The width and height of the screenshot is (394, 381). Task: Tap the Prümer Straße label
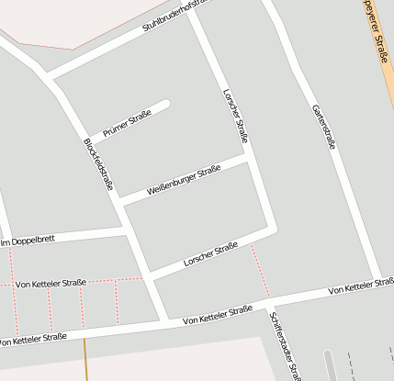pos(127,124)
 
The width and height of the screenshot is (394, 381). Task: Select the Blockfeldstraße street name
pos(97,164)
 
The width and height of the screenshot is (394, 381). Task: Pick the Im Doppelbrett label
pos(28,240)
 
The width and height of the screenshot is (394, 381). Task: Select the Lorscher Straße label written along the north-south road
pos(236,116)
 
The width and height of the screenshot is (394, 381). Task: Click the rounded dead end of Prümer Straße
pos(165,104)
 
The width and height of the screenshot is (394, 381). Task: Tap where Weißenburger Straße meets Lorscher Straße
pos(249,158)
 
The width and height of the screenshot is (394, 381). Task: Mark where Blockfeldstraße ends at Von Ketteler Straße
pos(165,321)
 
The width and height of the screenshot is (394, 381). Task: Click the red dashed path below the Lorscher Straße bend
pos(261,266)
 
